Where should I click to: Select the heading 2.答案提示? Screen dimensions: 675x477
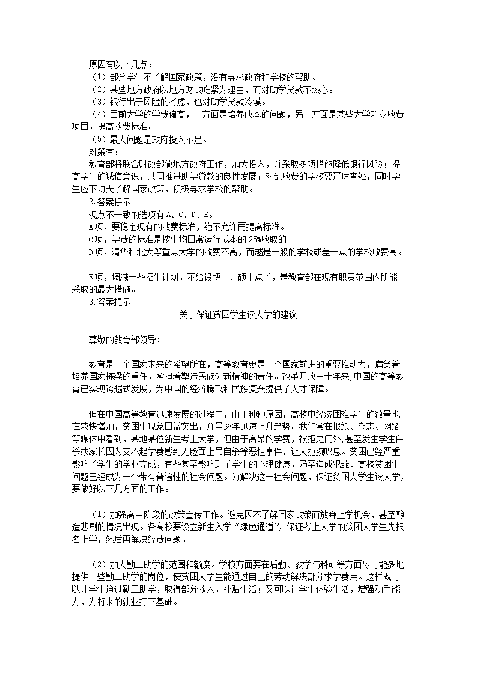[x=105, y=202]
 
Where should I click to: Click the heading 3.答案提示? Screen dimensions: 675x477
[x=105, y=302]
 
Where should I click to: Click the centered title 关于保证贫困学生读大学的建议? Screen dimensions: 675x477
[x=239, y=314]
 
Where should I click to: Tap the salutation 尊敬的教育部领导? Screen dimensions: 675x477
[x=124, y=340]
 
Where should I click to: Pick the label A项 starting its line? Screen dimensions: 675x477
[x=95, y=227]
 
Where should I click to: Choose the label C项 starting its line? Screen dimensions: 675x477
[x=95, y=239]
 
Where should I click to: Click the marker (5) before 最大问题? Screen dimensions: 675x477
[x=98, y=140]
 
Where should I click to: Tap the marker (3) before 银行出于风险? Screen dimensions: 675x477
[x=98, y=102]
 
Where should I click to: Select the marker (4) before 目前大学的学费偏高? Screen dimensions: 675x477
[x=98, y=115]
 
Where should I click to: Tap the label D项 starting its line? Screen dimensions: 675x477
[x=95, y=252]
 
